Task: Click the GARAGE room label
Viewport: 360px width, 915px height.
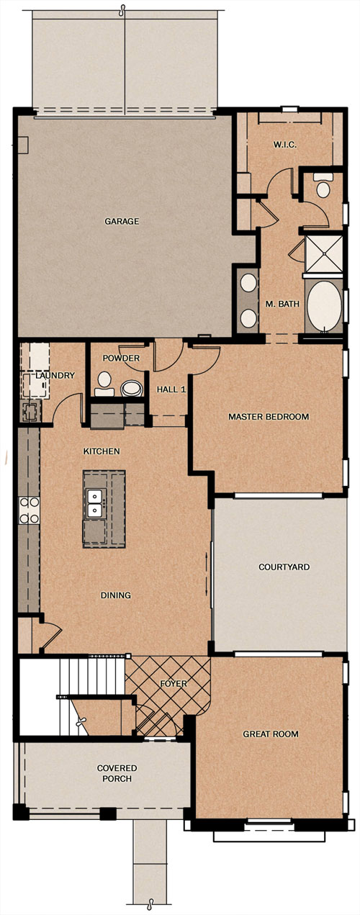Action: (x=122, y=222)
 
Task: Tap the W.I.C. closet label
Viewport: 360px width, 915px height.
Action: (x=285, y=145)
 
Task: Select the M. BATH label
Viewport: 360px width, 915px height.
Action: (x=282, y=304)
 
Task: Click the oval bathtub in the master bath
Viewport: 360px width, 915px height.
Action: (x=324, y=307)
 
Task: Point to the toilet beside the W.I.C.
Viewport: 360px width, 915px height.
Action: (x=323, y=186)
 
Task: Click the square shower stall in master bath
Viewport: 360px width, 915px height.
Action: (x=323, y=253)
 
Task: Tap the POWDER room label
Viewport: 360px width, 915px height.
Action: (x=121, y=359)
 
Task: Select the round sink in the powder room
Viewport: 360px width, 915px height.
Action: (x=132, y=389)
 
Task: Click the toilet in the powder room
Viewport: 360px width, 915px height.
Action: (x=104, y=384)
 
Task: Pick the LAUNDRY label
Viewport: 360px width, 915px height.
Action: (x=55, y=375)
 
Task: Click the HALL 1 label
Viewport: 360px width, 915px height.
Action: (x=171, y=389)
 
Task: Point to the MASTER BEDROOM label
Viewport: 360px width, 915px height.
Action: (x=269, y=417)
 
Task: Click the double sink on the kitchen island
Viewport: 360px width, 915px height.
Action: (x=95, y=503)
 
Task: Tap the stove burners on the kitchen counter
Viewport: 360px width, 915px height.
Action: (x=29, y=510)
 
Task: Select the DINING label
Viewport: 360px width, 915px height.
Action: (x=116, y=595)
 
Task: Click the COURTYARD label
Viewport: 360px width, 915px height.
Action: (x=284, y=567)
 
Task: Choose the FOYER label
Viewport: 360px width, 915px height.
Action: (x=174, y=683)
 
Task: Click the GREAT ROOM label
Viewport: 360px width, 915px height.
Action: (x=271, y=734)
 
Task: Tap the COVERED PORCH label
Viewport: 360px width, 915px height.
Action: (x=117, y=773)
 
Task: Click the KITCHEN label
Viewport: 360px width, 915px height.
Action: (x=102, y=451)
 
